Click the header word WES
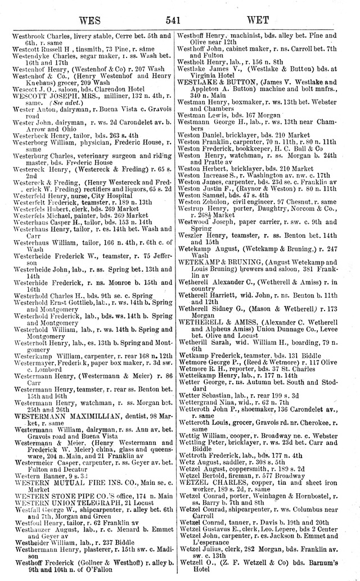(85, 21)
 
